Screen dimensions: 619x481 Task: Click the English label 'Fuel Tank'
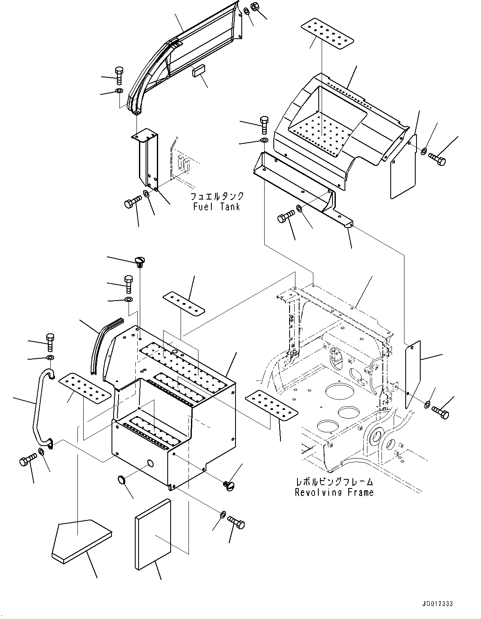pyautogui.click(x=216, y=207)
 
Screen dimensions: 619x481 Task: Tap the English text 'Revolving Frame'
pyautogui.click(x=334, y=493)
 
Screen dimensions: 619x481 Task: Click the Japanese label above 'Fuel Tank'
pyautogui.click(x=216, y=196)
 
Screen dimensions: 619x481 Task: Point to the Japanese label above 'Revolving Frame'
pyautogui.click(x=334, y=482)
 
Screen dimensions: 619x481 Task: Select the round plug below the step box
pyautogui.click(x=124, y=480)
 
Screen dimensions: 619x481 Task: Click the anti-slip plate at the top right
pyautogui.click(x=327, y=34)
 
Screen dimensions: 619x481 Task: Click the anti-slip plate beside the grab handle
pyautogui.click(x=84, y=388)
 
